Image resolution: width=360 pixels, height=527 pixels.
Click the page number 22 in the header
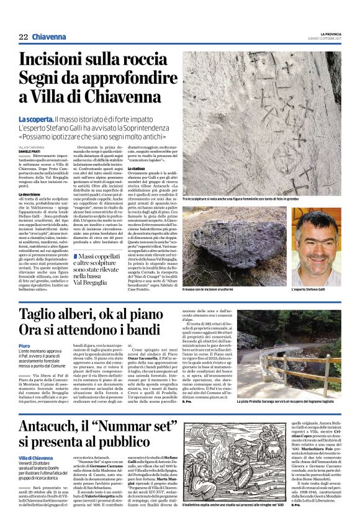coord(23,37)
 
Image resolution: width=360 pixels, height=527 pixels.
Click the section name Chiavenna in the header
coord(49,37)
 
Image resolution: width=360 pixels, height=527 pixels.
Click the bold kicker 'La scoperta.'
coord(35,118)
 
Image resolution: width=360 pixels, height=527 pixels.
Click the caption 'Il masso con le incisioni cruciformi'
coord(209,290)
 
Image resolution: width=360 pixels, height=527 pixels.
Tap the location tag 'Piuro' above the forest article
coord(24,346)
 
